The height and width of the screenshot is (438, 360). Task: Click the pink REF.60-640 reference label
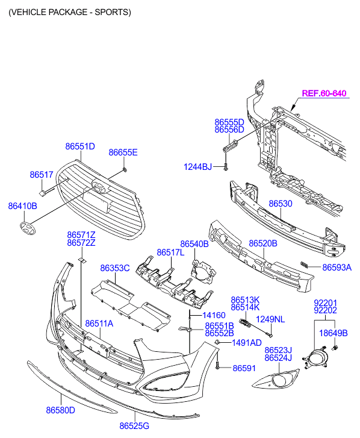click(x=324, y=93)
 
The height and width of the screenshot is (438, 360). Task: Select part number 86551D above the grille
click(x=80, y=146)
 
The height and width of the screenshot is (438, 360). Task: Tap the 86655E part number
click(x=123, y=152)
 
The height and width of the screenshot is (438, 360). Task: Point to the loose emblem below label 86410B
click(x=28, y=228)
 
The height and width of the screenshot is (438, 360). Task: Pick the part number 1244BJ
click(x=197, y=167)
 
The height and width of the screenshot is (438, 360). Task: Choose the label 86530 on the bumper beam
click(x=281, y=204)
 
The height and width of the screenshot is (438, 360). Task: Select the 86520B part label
click(x=263, y=243)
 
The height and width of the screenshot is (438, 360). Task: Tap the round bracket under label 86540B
click(x=203, y=271)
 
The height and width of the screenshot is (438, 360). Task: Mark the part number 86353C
click(x=115, y=268)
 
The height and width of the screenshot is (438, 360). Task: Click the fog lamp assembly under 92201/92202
click(x=315, y=357)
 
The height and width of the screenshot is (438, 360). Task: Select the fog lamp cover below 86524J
click(x=276, y=379)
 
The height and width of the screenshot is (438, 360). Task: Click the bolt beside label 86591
click(x=217, y=365)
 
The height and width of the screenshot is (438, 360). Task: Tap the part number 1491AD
click(x=247, y=343)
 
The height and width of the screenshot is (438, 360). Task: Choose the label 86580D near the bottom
click(x=61, y=410)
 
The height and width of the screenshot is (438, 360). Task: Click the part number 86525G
click(x=134, y=426)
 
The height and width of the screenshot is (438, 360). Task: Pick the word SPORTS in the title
click(x=111, y=12)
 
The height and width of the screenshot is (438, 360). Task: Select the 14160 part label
click(x=214, y=315)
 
